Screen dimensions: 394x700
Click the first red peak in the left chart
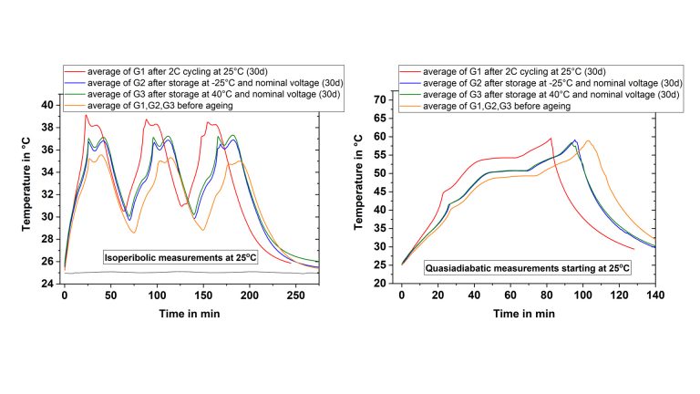(86, 115)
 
